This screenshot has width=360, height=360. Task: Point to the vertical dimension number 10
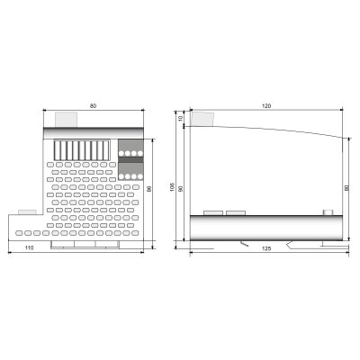coord(180,118)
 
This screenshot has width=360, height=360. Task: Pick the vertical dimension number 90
coord(180,188)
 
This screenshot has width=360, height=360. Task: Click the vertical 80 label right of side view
coord(346,188)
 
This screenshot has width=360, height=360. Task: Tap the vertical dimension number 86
coord(149,193)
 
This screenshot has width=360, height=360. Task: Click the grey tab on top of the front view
coord(67,118)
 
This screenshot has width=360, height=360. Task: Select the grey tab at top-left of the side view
coord(203,118)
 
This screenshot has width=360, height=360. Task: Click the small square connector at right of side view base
coord(328,212)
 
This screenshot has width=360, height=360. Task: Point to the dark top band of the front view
coord(94,126)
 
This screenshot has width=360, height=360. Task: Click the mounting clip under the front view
coord(83,244)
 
